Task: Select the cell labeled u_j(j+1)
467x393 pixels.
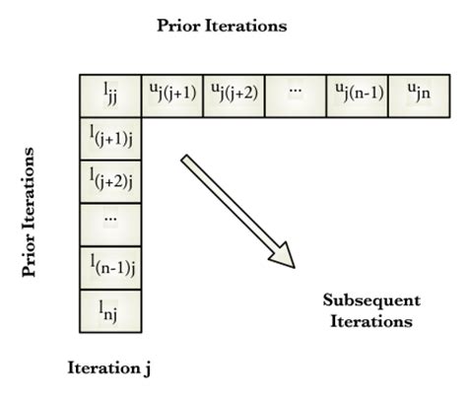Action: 169,94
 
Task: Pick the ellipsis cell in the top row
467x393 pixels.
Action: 295,94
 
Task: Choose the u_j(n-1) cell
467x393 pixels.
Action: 357,94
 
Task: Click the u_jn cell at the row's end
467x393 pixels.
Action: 418,94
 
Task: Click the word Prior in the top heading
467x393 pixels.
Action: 177,27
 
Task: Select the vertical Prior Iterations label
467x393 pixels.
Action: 29,212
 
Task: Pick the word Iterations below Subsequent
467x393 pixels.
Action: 371,320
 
